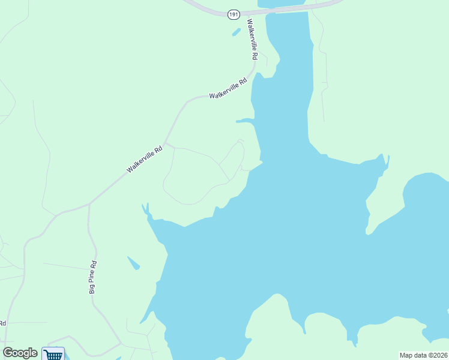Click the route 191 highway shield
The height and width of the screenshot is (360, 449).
(234, 14)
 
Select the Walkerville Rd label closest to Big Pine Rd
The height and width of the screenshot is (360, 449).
(145, 160)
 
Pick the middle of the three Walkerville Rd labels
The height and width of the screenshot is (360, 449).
(228, 89)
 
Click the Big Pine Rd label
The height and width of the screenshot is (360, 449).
(93, 277)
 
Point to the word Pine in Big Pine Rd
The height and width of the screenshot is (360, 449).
(93, 275)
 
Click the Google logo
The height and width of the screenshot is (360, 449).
(20, 353)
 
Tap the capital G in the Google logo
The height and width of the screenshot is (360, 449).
(8, 353)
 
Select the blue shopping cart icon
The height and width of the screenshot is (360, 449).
(53, 354)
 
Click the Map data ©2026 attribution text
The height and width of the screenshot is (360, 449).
(423, 355)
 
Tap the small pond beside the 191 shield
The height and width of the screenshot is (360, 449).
(237, 31)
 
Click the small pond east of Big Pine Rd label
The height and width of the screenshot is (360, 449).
(133, 263)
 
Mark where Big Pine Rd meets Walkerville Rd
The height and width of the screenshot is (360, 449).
(89, 204)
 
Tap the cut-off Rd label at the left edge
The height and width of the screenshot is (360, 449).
(3, 323)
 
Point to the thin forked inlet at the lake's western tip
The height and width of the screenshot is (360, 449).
(145, 210)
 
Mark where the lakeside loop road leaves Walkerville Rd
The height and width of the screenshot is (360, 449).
(166, 144)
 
